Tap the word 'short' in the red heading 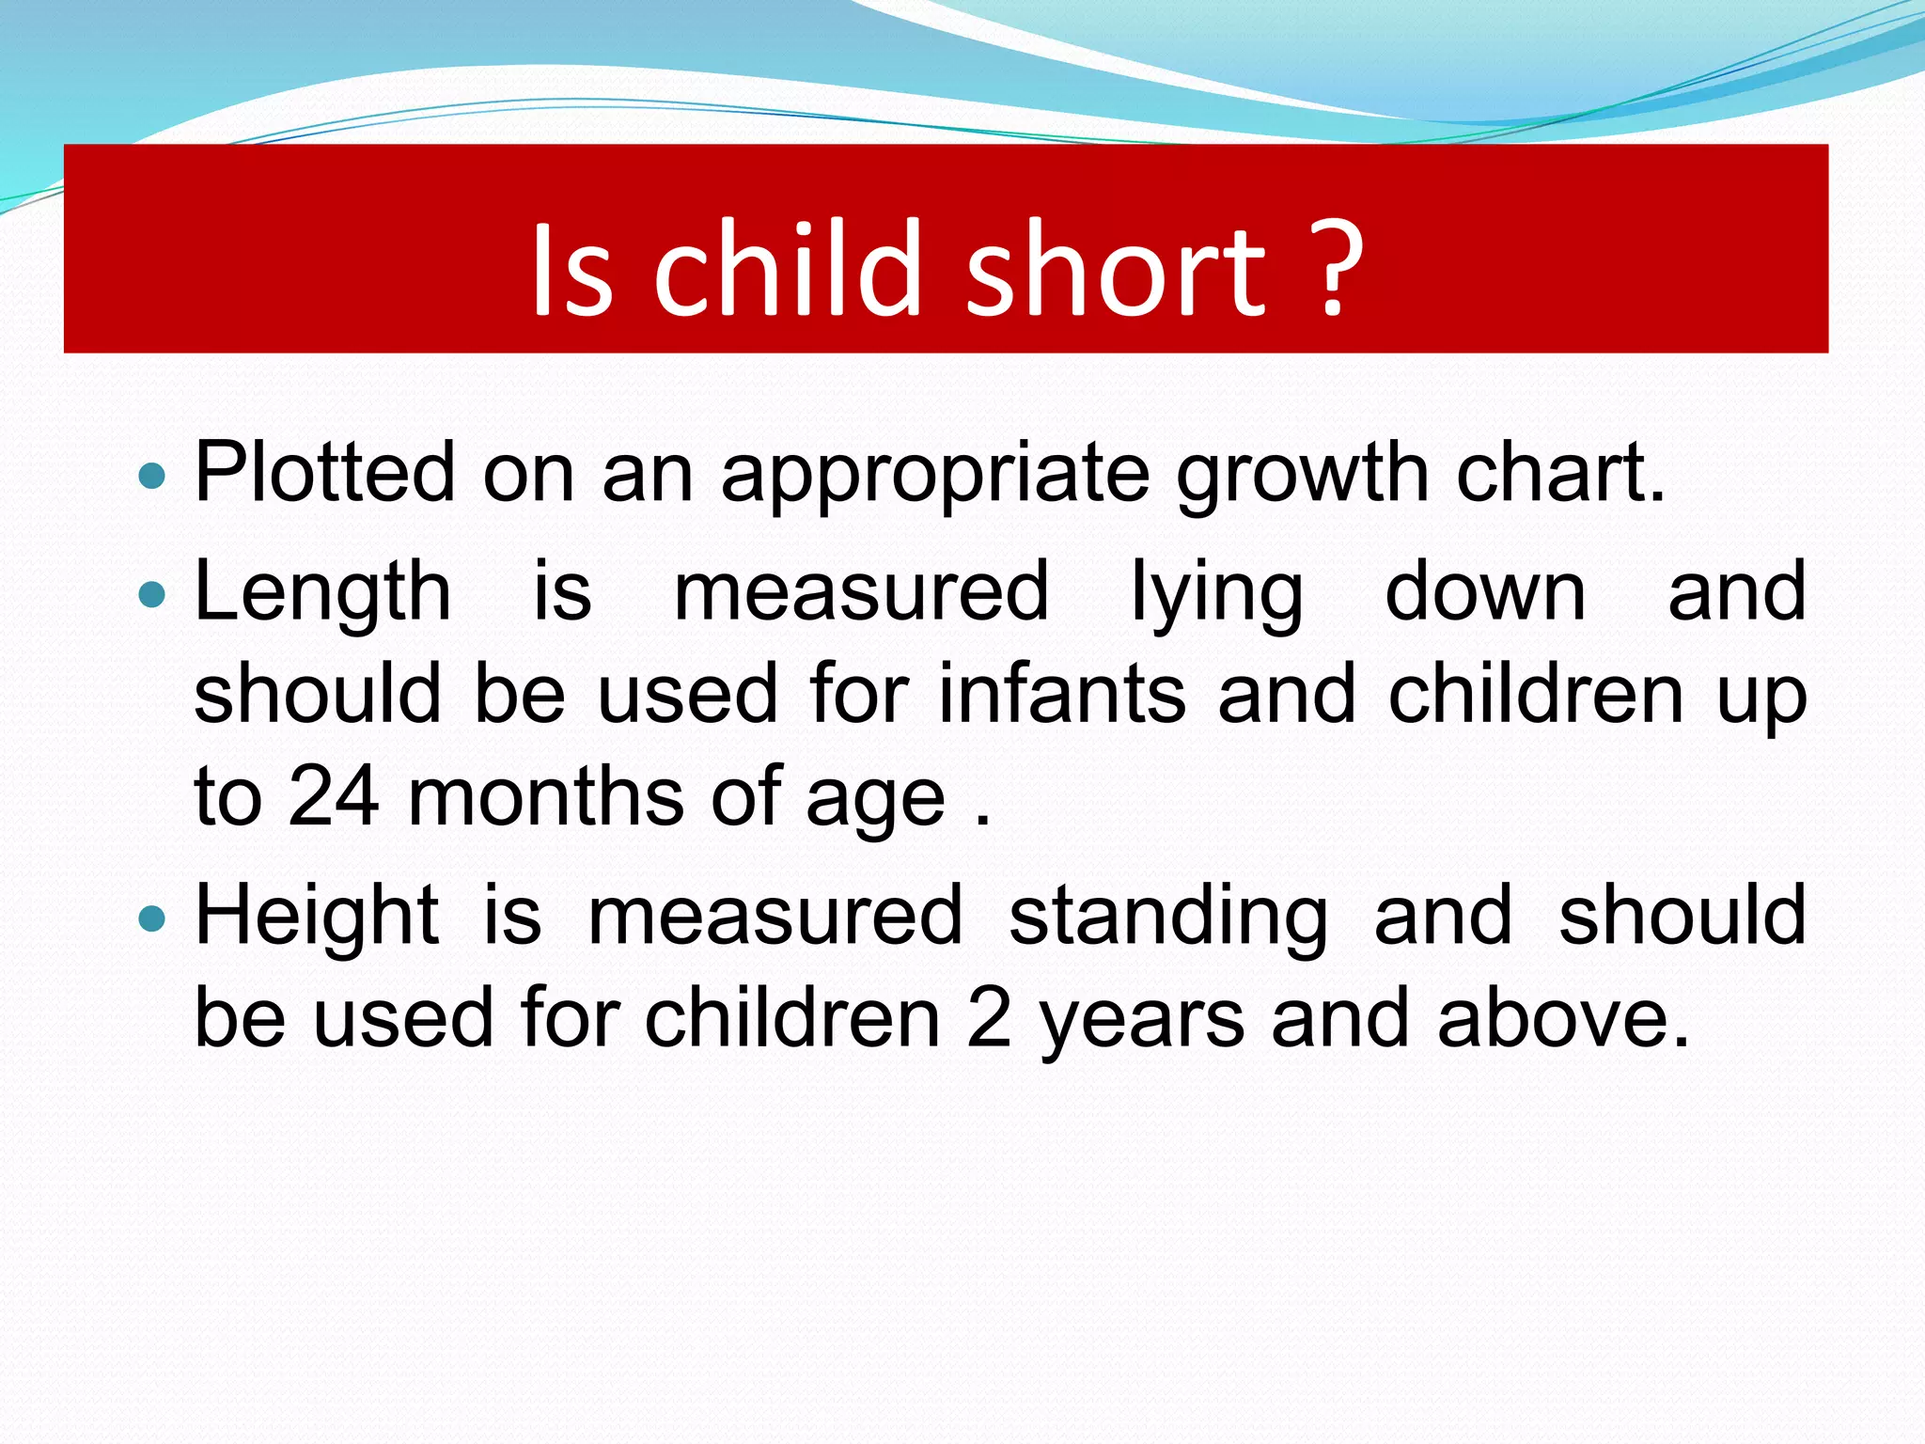1117,273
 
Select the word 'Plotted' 325,473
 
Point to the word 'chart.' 1560,473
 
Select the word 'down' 1485,592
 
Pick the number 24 334,796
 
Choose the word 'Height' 317,917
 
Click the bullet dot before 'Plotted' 151,476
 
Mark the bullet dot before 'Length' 151,594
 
